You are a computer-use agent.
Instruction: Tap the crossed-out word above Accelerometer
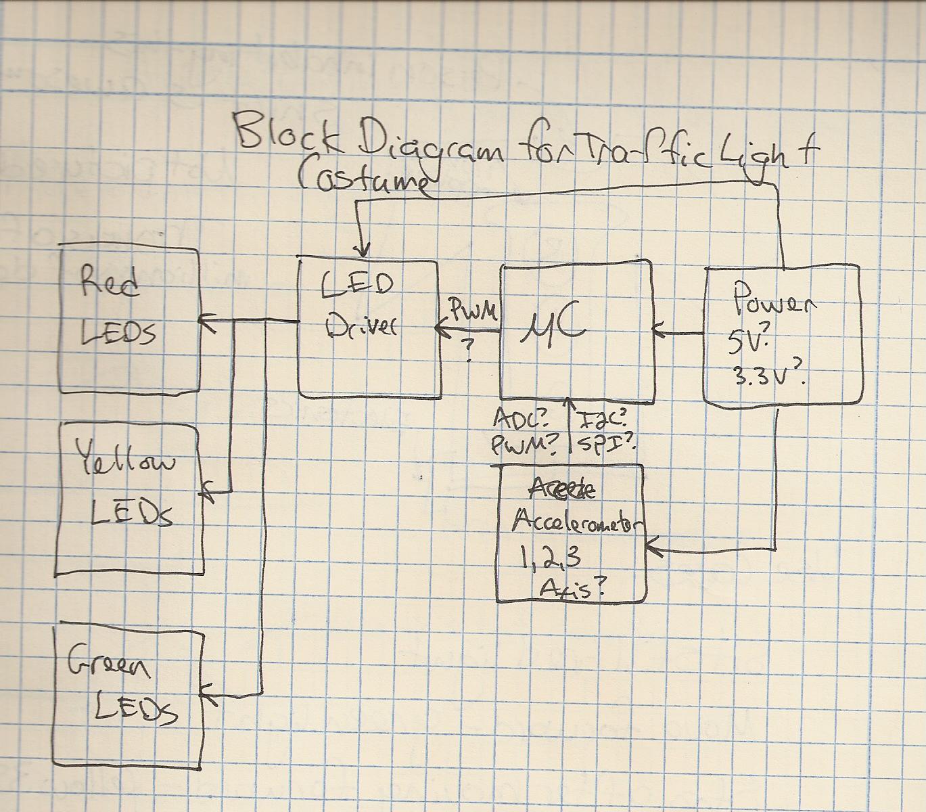(x=562, y=489)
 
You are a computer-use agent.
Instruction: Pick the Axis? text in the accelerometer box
(x=572, y=588)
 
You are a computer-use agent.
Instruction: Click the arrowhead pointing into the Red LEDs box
(x=206, y=321)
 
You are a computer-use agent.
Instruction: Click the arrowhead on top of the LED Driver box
(x=363, y=251)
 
